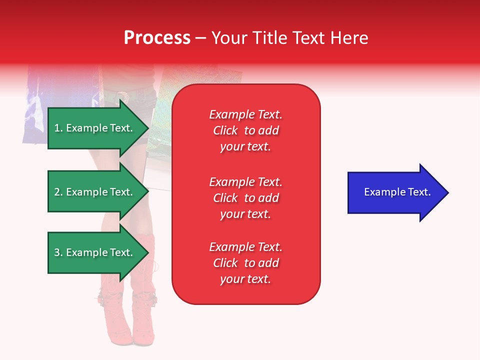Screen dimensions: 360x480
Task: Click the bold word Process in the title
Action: click(157, 38)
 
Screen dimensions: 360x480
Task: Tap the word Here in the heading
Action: click(348, 38)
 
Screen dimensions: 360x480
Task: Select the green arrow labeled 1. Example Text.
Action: click(95, 128)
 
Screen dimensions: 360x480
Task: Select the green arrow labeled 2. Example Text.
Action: click(95, 192)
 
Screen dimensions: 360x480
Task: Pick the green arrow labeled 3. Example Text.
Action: click(95, 252)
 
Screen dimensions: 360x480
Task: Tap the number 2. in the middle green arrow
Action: click(58, 192)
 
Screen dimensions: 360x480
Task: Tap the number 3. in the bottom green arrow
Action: click(58, 252)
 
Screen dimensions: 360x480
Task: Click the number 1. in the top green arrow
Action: click(58, 128)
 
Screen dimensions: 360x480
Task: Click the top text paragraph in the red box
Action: click(245, 130)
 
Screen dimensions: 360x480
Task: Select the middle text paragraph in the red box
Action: click(245, 198)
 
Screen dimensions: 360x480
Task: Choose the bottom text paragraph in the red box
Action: click(245, 263)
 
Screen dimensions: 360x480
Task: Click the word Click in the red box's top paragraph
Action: click(225, 130)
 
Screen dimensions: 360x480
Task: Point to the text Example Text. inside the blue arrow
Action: click(397, 192)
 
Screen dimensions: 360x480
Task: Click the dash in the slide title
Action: click(201, 38)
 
